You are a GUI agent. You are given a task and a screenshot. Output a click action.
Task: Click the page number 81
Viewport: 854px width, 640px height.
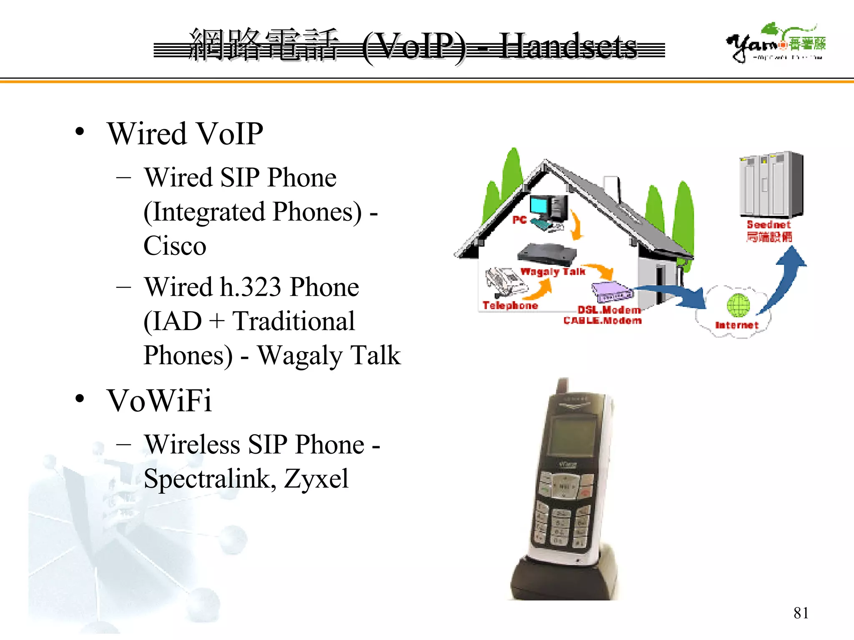(801, 613)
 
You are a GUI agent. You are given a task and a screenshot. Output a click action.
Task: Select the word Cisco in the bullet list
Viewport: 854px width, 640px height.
(175, 246)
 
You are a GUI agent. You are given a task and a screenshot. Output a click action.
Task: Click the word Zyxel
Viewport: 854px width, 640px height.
(316, 479)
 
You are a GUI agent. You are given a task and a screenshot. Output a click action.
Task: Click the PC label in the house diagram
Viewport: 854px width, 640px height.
(519, 220)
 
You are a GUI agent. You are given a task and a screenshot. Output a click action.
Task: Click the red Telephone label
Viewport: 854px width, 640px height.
(510, 305)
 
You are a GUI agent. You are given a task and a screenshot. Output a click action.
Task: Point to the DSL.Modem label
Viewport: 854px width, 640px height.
(609, 310)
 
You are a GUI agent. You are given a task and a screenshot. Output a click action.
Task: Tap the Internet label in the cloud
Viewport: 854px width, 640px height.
(736, 325)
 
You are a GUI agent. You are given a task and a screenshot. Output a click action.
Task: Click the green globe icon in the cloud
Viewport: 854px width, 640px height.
(738, 305)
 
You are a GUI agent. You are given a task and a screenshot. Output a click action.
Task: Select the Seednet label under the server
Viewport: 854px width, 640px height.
(769, 225)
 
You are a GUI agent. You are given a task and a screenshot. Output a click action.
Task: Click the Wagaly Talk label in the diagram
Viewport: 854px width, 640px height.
(553, 272)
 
